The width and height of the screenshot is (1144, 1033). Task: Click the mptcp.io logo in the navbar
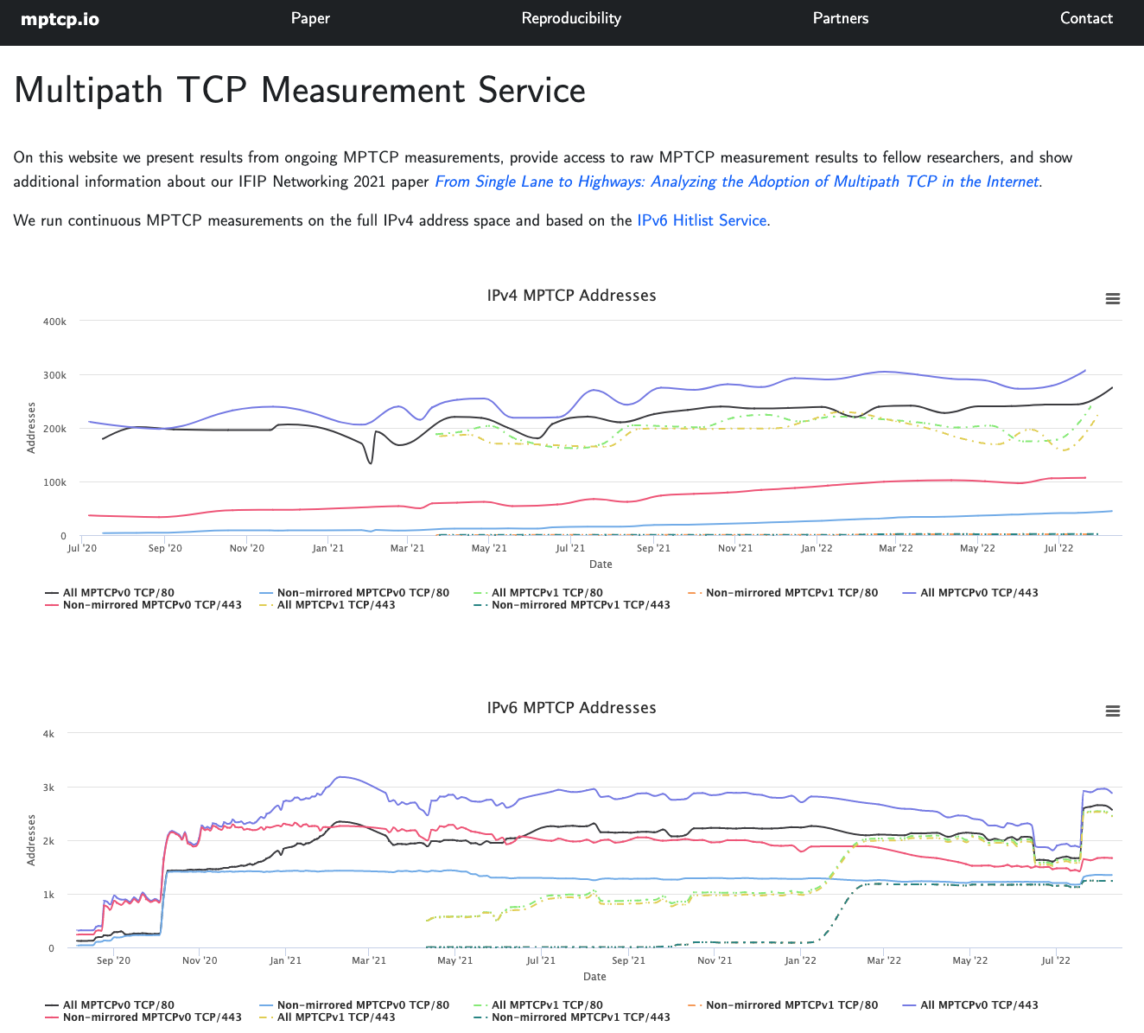(x=60, y=19)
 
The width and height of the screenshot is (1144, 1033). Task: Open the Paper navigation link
(x=310, y=18)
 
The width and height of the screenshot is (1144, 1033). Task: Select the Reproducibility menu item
(x=571, y=18)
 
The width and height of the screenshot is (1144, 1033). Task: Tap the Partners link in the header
(x=840, y=18)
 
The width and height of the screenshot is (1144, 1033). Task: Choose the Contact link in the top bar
(x=1086, y=18)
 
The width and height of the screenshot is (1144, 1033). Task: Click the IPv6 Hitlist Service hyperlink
(x=702, y=220)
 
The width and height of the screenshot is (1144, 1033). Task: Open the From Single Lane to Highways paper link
(x=736, y=182)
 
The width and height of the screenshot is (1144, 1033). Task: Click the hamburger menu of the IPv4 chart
(x=1113, y=298)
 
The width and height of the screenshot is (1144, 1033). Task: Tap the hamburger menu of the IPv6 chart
(x=1113, y=711)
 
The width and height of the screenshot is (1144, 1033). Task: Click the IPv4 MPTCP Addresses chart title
(x=571, y=296)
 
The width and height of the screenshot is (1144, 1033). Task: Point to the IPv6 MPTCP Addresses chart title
(x=571, y=708)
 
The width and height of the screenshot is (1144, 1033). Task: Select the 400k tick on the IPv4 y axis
(x=54, y=322)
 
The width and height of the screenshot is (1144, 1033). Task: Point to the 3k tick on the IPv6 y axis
(x=48, y=788)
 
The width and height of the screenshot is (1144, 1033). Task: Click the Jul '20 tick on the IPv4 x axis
(x=82, y=548)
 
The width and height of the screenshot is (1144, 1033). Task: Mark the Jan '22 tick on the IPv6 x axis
(x=800, y=960)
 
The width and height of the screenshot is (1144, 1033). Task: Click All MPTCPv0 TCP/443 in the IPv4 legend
(x=978, y=593)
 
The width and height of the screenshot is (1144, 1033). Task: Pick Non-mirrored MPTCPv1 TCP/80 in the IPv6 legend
(x=791, y=1005)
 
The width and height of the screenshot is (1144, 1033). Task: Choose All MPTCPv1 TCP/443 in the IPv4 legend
(x=335, y=605)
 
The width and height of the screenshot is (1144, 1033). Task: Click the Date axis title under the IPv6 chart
(x=594, y=977)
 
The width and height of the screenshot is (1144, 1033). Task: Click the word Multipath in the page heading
(x=88, y=91)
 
